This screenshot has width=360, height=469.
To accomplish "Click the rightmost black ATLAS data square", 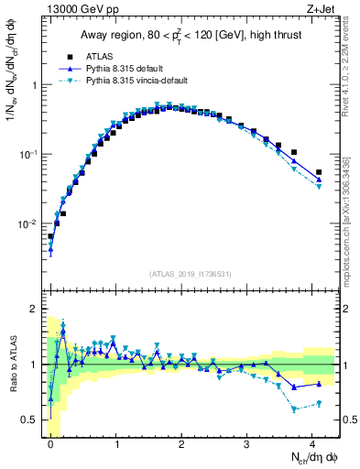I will tap(319, 172).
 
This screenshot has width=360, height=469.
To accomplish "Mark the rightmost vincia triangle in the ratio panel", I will tap(319, 403).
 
